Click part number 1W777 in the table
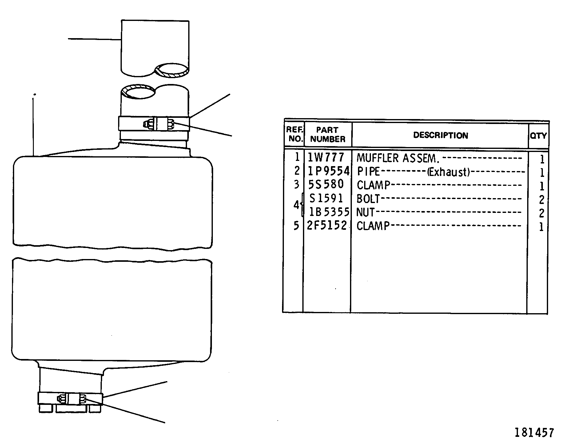coord(326,158)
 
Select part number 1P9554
coord(329,171)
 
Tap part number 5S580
coord(326,184)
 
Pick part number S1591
coord(326,198)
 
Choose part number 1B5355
coord(329,212)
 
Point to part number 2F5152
coord(327,225)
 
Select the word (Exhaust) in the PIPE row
coord(449,172)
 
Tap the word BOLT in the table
coord(368,199)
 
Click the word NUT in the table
coord(365,212)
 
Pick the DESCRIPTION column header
coord(440,135)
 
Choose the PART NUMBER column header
coord(328,134)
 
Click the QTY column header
coord(538,136)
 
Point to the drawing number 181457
coord(534,433)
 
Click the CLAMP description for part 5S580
coord(373,185)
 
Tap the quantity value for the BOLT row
coord(542,200)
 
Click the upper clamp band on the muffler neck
coord(154,124)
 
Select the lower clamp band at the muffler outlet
coord(70,399)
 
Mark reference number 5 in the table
coord(296,226)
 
